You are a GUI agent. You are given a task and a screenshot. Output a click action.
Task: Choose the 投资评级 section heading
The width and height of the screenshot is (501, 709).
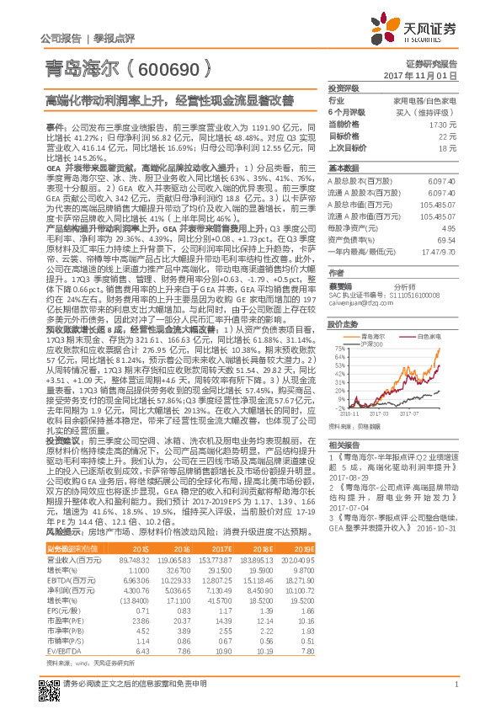(344, 88)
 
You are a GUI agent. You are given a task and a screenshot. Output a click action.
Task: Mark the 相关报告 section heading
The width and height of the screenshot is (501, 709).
(344, 468)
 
